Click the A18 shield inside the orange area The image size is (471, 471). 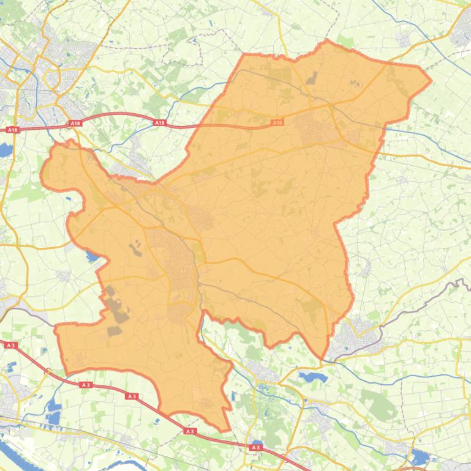pos(277,123)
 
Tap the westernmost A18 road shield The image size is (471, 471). pos(12,130)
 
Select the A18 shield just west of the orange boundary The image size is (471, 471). pos(159,123)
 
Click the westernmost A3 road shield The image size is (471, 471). pos(10,346)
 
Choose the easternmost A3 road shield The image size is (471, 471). pos(255,448)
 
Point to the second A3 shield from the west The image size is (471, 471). pos(85,385)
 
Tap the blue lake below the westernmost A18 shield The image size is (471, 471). pos(6,150)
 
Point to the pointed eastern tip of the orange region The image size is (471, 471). pos(431,79)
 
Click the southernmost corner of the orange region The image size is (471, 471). pos(227,430)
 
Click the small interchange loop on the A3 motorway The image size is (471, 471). pos(47,371)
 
